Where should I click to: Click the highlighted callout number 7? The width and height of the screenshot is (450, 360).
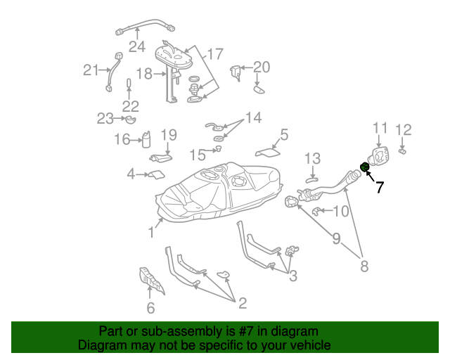[380, 187]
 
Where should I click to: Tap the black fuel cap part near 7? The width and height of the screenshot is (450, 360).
[365, 167]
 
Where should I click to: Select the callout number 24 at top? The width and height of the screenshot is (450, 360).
[136, 47]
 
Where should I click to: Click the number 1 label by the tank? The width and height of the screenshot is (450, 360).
[151, 232]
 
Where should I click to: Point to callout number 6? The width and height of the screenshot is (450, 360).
[150, 308]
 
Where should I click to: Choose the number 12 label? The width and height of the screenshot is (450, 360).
[403, 129]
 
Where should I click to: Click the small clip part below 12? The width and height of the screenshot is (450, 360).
[403, 150]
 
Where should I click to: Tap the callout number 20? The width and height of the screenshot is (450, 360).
[261, 67]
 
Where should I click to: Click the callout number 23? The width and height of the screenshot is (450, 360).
[105, 119]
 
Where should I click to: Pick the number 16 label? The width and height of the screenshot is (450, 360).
[122, 140]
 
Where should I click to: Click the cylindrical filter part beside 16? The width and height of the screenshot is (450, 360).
[147, 140]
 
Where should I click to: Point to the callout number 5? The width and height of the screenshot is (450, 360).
[284, 134]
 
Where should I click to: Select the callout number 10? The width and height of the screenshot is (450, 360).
[340, 211]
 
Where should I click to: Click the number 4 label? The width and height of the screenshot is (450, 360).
[131, 174]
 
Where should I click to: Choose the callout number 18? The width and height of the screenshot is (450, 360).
[143, 73]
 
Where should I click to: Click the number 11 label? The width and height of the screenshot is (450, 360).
[380, 127]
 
